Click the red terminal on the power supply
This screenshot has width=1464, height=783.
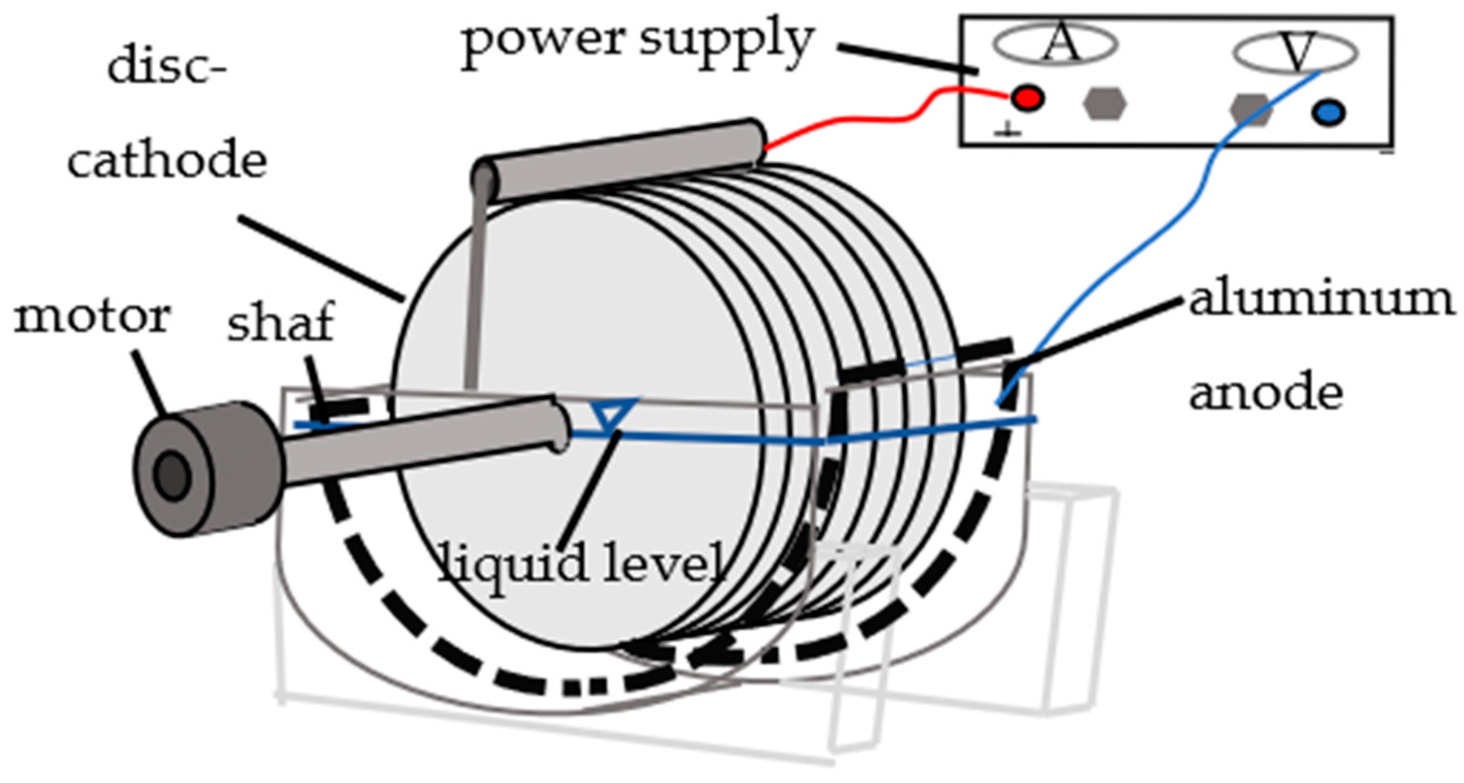click(x=1027, y=99)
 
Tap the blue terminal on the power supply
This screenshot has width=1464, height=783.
click(x=1329, y=112)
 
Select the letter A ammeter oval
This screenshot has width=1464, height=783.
click(x=1056, y=44)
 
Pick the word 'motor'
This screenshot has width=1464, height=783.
click(x=92, y=316)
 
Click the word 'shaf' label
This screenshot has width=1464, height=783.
click(x=279, y=323)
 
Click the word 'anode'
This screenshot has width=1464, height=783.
click(x=1266, y=392)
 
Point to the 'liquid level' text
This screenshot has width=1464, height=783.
click(x=583, y=563)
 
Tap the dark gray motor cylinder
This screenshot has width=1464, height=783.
click(x=208, y=469)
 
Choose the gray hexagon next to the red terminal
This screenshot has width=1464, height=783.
click(x=1104, y=103)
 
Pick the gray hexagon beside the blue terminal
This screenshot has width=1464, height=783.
click(x=1251, y=110)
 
